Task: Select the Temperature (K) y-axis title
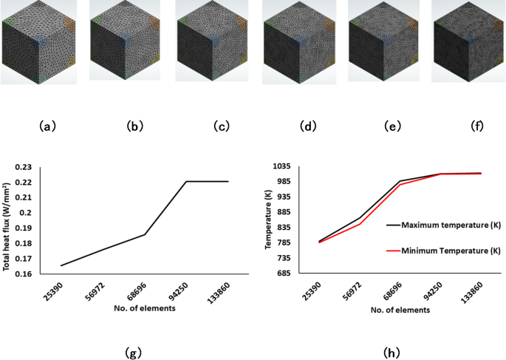(269, 220)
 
